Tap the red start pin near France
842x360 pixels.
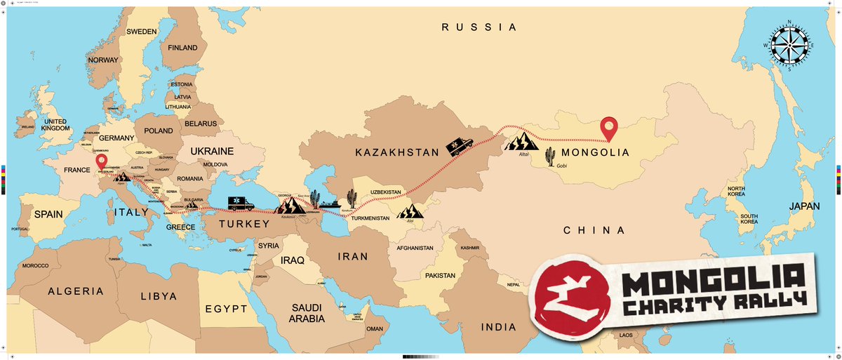click(102, 164)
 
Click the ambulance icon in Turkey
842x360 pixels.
click(241, 204)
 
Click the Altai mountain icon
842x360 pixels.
click(521, 144)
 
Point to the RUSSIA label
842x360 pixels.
click(479, 27)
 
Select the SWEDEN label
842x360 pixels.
click(142, 32)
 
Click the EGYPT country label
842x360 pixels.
click(226, 309)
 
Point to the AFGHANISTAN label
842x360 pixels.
click(418, 247)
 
